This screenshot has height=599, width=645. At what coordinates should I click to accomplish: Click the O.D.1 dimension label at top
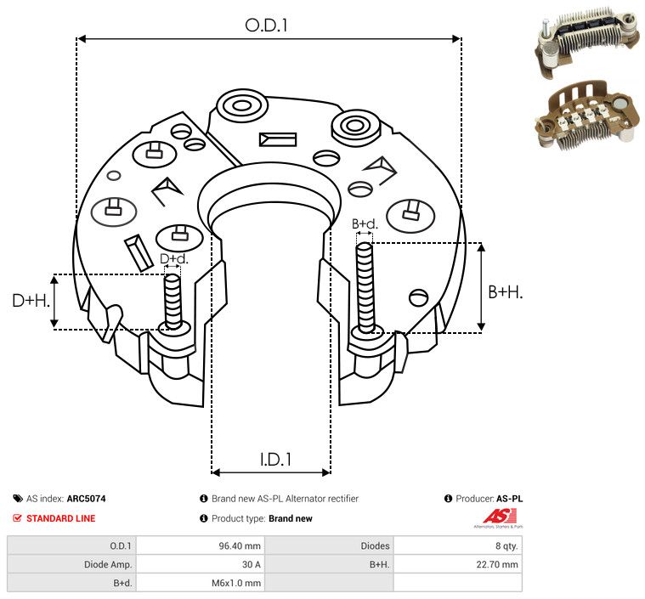(266, 25)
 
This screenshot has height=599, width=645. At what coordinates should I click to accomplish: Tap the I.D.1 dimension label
(275, 459)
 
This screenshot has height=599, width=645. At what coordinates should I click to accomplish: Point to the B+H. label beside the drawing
(505, 292)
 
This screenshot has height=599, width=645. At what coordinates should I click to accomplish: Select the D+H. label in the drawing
(31, 301)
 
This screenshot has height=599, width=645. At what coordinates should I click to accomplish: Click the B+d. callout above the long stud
(365, 223)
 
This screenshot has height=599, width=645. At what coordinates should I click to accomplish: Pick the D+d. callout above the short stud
(173, 259)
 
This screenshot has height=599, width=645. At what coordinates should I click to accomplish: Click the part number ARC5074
(87, 499)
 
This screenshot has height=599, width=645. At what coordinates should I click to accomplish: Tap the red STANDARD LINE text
(61, 518)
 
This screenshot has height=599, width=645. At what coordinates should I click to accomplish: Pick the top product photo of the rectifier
(586, 41)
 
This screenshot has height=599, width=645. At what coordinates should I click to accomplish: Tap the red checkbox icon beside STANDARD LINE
(17, 518)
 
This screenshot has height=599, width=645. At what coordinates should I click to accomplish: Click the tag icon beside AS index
(18, 499)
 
